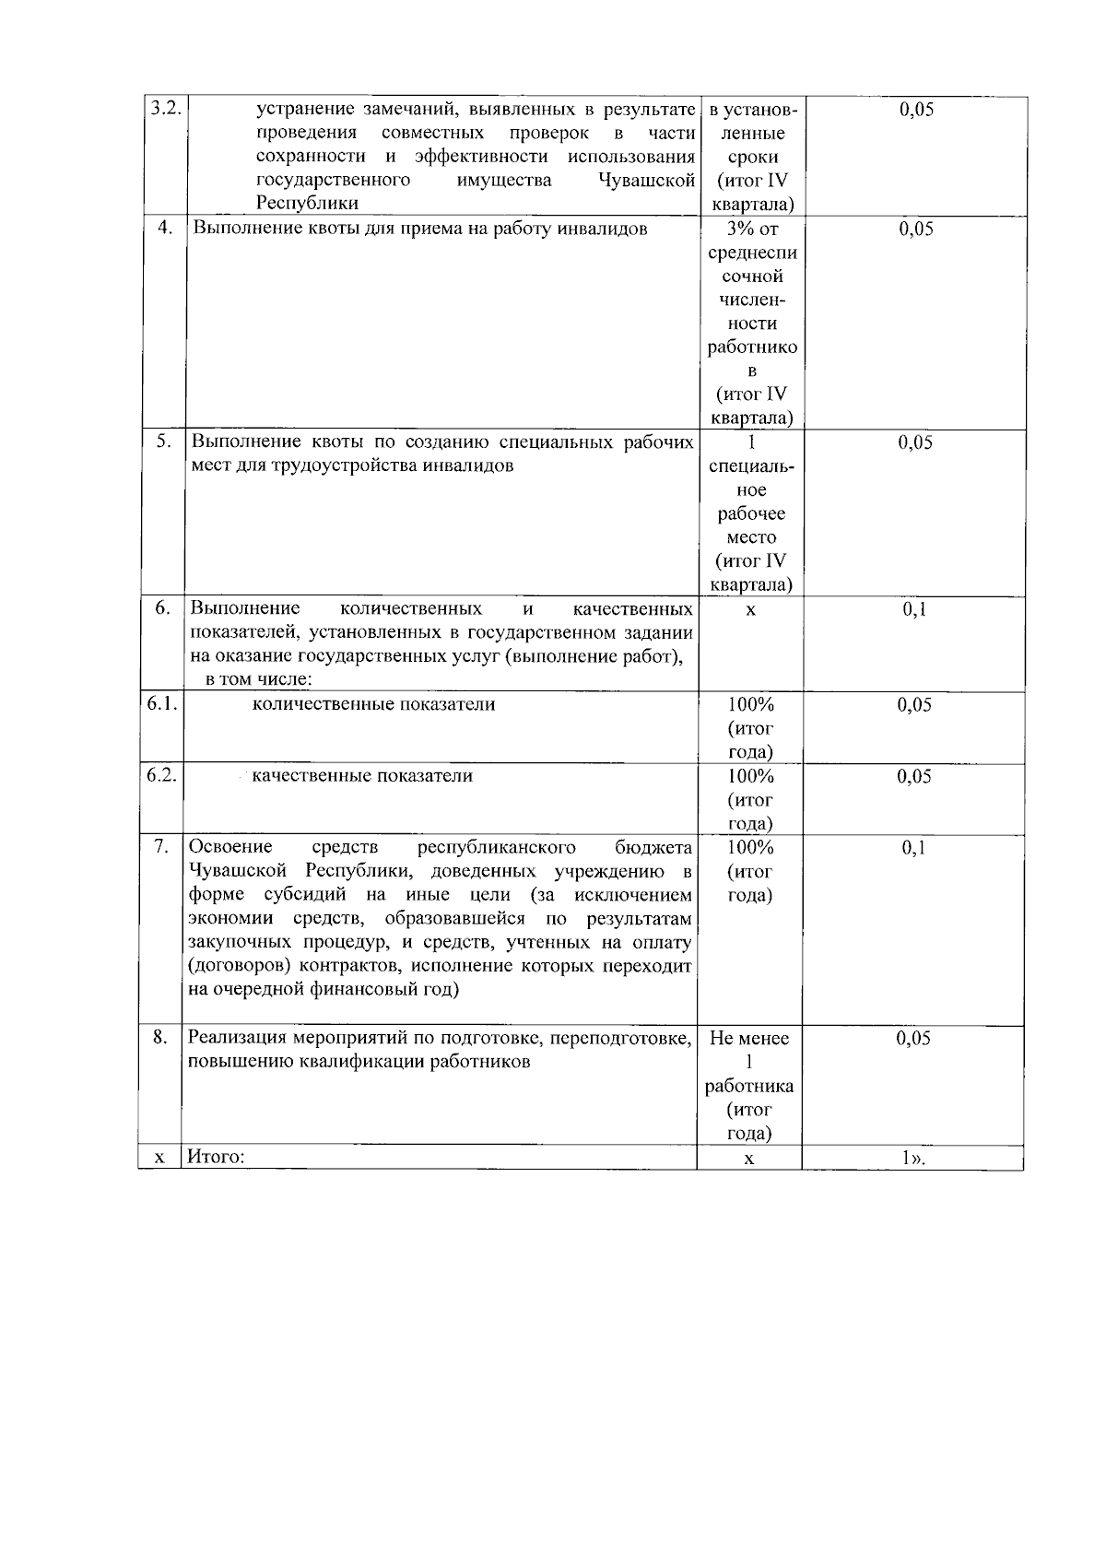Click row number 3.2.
pyautogui.click(x=163, y=109)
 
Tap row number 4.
pyautogui.click(x=165, y=229)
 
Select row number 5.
pyautogui.click(x=163, y=442)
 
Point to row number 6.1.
pyautogui.click(x=161, y=704)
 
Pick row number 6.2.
pyautogui.click(x=161, y=775)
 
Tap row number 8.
pyautogui.click(x=160, y=1038)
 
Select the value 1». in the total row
pyautogui.click(x=912, y=1158)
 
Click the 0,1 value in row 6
pyautogui.click(x=914, y=609)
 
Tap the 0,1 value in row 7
pyautogui.click(x=913, y=847)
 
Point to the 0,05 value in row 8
pyautogui.click(x=913, y=1038)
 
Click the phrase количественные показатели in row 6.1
pyautogui.click(x=373, y=704)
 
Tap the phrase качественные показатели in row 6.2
pyautogui.click(x=362, y=775)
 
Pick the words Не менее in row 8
pyautogui.click(x=749, y=1038)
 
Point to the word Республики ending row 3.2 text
pyautogui.click(x=307, y=204)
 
